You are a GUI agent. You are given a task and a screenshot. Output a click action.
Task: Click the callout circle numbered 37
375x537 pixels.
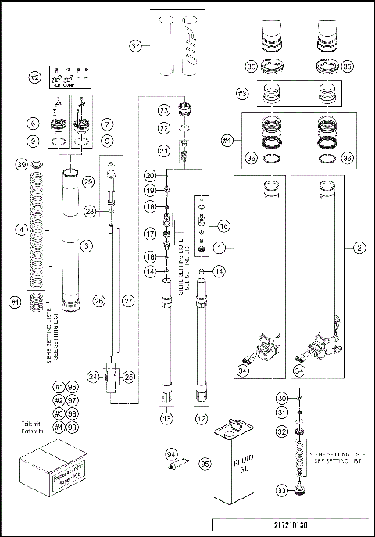pyautogui.click(x=137, y=45)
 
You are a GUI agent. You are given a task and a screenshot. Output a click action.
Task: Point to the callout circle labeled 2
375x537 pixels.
pyautogui.click(x=359, y=247)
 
